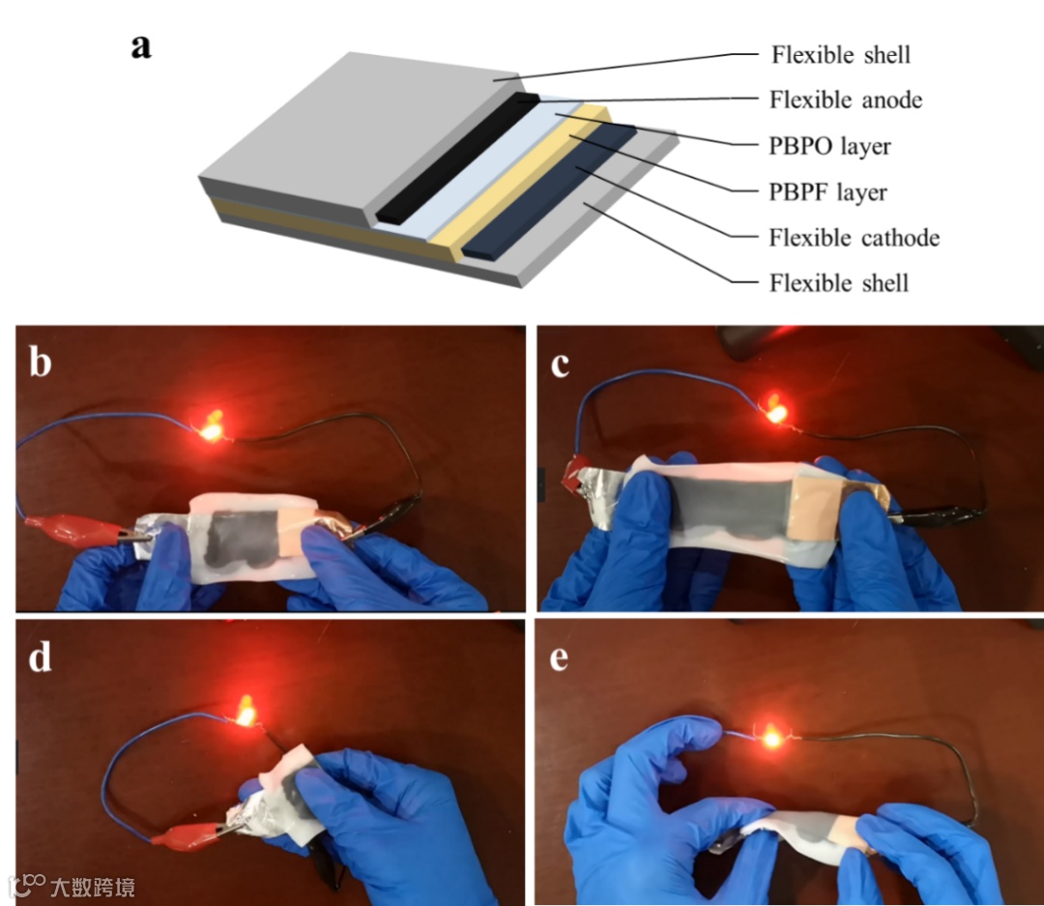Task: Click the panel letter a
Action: (x=141, y=47)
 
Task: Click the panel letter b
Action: (x=41, y=362)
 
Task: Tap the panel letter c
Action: (x=560, y=365)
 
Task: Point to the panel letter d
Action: (x=40, y=657)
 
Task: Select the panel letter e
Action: (x=560, y=658)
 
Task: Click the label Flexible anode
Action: (x=846, y=100)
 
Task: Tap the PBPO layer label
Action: (x=829, y=147)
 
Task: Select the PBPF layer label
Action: (x=827, y=192)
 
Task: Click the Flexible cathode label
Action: (x=855, y=238)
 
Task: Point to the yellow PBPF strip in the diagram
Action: (x=519, y=180)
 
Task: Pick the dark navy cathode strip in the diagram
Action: (x=549, y=191)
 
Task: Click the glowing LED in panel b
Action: (x=212, y=427)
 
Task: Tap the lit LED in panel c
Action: (x=775, y=410)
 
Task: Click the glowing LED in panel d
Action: (x=246, y=711)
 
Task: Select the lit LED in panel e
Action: (x=771, y=738)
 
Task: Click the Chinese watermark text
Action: (x=92, y=887)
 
